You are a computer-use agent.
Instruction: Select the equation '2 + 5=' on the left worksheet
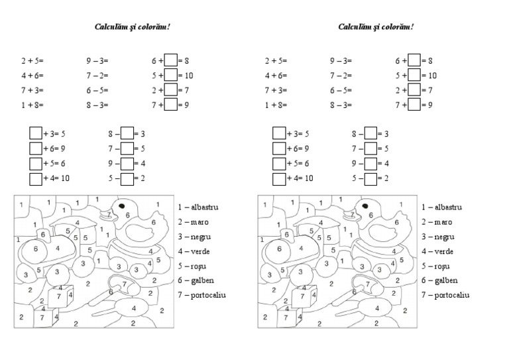(x=32, y=60)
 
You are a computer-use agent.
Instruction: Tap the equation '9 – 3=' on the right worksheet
(x=341, y=60)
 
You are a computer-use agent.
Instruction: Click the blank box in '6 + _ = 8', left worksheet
(x=170, y=60)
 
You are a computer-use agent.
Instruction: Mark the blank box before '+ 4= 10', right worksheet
(x=279, y=178)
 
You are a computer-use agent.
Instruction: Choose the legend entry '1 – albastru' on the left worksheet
(x=199, y=208)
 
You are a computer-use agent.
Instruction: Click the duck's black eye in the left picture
(x=123, y=207)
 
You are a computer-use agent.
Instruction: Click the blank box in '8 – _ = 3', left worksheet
(x=127, y=134)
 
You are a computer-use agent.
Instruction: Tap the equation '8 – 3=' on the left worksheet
(x=97, y=105)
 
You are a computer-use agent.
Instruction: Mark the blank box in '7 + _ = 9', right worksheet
(x=414, y=105)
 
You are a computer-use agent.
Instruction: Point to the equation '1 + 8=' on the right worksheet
(x=276, y=105)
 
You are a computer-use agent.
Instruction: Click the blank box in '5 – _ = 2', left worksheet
(x=127, y=178)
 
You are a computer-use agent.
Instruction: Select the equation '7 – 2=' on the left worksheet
(x=97, y=76)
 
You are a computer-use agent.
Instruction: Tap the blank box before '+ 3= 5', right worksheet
(x=279, y=134)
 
